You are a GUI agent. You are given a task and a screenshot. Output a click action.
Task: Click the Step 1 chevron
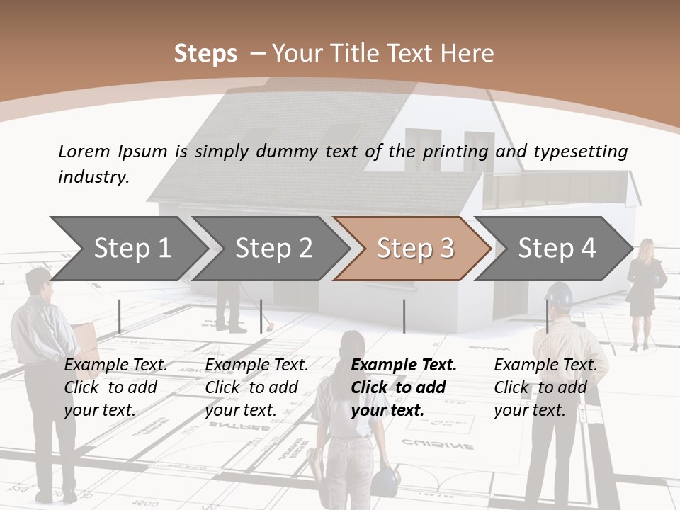coord(132,248)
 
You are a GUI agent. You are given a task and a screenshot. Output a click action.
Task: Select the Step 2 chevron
coord(273,248)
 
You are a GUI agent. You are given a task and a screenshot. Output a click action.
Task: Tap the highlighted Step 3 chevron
coord(414,248)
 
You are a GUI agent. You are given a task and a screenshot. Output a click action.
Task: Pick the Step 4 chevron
coord(556,248)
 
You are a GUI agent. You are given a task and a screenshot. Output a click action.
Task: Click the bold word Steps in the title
coord(205,53)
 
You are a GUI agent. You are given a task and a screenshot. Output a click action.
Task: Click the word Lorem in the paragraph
coord(83,151)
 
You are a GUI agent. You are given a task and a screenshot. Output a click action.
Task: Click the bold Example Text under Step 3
coord(404,365)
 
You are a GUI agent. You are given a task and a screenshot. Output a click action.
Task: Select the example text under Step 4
coord(545,387)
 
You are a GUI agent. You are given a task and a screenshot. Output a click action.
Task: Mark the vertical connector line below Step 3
coord(404,316)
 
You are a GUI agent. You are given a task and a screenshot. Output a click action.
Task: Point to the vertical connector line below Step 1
coord(120,316)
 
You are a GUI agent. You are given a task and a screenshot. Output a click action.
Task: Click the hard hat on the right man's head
coord(560,293)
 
